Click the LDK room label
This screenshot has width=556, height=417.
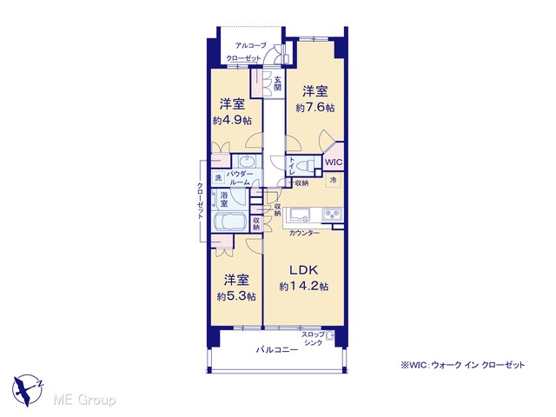[x=304, y=270]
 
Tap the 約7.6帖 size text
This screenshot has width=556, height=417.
[x=315, y=107]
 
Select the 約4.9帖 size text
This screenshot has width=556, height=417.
[x=232, y=120]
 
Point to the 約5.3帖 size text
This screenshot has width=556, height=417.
[x=236, y=296]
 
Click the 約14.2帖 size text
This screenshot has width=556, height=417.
[x=304, y=286]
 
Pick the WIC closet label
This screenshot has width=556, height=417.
[x=334, y=162]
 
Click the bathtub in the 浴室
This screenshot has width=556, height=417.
[x=230, y=222]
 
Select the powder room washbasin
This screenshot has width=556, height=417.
[x=247, y=162]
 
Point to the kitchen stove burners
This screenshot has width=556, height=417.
[x=332, y=214]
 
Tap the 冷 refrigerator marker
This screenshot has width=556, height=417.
[x=334, y=180]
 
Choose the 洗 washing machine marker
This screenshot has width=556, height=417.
[x=219, y=177]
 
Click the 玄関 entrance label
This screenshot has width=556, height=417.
[x=278, y=83]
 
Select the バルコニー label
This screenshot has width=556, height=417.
[x=277, y=350]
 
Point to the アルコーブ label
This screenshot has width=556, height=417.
[x=251, y=46]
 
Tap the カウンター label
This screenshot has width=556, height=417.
[x=304, y=233]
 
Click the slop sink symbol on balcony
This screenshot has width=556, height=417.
[x=330, y=335]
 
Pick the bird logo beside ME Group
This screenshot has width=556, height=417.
[x=27, y=390]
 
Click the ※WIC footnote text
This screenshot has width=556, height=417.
[x=463, y=365]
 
